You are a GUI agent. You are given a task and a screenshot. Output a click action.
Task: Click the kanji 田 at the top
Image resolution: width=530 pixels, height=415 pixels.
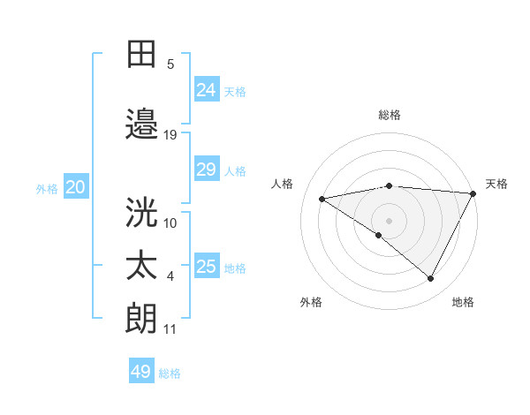tap(141, 54)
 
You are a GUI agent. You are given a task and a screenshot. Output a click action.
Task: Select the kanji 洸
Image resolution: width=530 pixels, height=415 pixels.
tap(141, 211)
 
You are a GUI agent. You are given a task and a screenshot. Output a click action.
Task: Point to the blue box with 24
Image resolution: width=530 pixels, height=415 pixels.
tap(206, 89)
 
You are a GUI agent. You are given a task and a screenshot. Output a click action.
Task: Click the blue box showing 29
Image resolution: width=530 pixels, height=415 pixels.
tap(206, 170)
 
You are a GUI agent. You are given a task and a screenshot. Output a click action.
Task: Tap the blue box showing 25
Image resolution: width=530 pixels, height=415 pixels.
tap(206, 267)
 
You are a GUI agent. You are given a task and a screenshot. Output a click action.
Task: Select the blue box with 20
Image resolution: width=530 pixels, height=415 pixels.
tap(76, 187)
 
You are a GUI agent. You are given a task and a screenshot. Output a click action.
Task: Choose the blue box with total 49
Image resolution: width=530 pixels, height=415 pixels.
tap(141, 372)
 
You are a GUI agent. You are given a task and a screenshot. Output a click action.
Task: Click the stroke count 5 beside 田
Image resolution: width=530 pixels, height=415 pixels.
tap(170, 64)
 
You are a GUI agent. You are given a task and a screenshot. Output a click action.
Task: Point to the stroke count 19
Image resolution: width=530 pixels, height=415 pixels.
tap(170, 134)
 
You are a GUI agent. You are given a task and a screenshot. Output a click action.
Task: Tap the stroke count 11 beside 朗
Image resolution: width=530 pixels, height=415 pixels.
tap(170, 329)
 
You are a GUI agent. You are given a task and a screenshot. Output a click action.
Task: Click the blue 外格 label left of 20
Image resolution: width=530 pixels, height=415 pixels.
tap(47, 188)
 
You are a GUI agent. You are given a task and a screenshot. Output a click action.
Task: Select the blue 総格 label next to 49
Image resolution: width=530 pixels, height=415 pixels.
tap(170, 373)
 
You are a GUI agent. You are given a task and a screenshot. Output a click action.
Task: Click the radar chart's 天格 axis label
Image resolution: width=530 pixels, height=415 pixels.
tap(496, 184)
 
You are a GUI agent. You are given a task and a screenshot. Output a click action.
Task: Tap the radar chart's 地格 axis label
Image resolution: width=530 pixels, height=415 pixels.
tap(463, 302)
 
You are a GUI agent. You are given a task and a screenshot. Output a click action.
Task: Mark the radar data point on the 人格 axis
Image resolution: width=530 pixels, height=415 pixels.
tap(322, 199)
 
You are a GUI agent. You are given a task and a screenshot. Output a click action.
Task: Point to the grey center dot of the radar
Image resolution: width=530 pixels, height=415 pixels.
tap(389, 220)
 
